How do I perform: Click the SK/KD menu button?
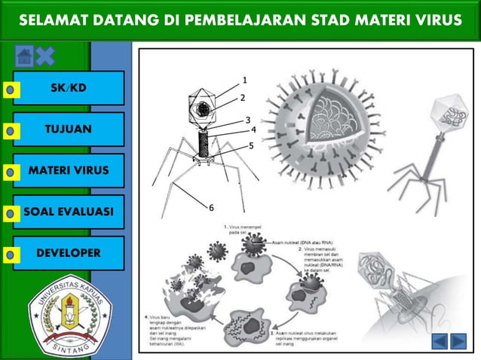click(x=69, y=88)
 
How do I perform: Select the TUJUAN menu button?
click(x=69, y=130)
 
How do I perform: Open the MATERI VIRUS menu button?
click(x=69, y=171)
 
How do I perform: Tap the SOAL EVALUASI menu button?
click(x=69, y=212)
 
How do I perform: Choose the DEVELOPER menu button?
click(x=69, y=253)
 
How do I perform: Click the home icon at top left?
click(x=23, y=55)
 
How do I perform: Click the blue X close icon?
click(x=45, y=55)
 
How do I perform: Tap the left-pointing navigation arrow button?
click(x=440, y=341)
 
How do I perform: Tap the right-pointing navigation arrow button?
click(x=459, y=341)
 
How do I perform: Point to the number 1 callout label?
click(x=244, y=79)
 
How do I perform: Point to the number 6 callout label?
click(x=211, y=207)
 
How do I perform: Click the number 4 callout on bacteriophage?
click(x=253, y=130)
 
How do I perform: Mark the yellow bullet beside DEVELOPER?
click(x=9, y=255)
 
